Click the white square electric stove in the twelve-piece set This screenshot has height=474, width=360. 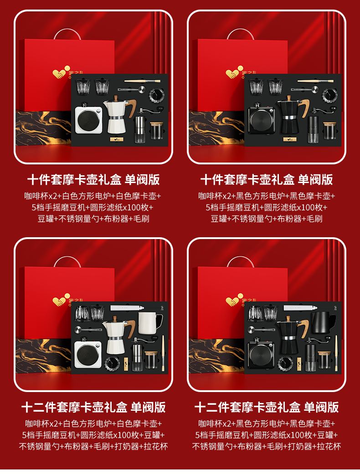coord(88,352)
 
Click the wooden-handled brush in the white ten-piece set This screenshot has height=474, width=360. coord(142,82)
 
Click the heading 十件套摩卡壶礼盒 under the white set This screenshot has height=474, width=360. coord(74,179)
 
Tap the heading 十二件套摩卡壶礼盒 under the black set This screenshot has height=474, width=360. coord(247,407)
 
